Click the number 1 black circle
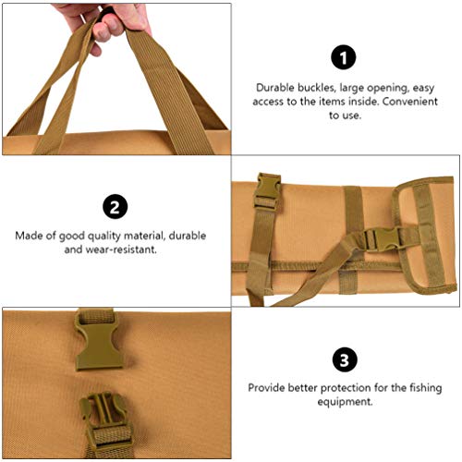343,58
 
